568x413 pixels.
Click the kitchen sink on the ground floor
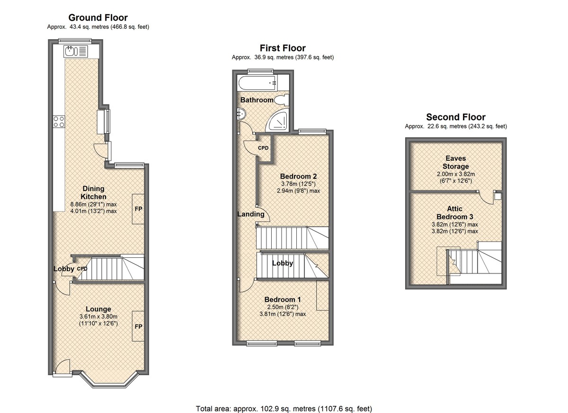(x=76, y=51)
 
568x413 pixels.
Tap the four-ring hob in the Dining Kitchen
(x=59, y=122)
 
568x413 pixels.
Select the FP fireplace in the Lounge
(x=138, y=326)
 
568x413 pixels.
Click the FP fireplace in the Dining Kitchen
(x=138, y=209)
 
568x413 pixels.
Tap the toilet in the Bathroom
(x=282, y=100)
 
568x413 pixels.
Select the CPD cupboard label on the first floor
(x=263, y=148)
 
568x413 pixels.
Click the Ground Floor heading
(x=98, y=18)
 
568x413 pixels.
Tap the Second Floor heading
(x=456, y=117)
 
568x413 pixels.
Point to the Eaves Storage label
(x=456, y=162)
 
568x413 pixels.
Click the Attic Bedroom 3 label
(x=455, y=212)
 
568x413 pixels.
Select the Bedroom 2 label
(x=299, y=176)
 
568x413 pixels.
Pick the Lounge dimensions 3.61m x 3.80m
(x=98, y=316)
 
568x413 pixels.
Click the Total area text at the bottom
(x=284, y=409)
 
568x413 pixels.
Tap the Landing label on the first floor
(x=251, y=214)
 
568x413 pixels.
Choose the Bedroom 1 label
(x=283, y=299)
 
